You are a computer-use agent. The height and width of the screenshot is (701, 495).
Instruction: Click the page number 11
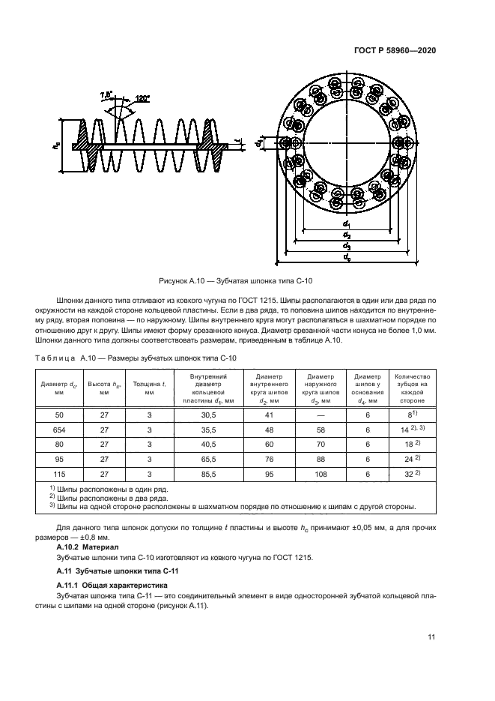pos(431,637)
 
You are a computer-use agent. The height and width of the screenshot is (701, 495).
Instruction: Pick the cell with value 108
pos(321,475)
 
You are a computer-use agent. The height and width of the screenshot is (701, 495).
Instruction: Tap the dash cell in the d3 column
pos(321,415)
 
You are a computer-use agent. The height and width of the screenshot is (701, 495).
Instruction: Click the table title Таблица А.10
pos(136,359)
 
